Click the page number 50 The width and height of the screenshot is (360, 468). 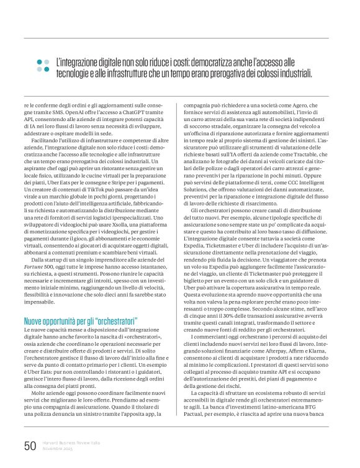(x=30, y=446)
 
